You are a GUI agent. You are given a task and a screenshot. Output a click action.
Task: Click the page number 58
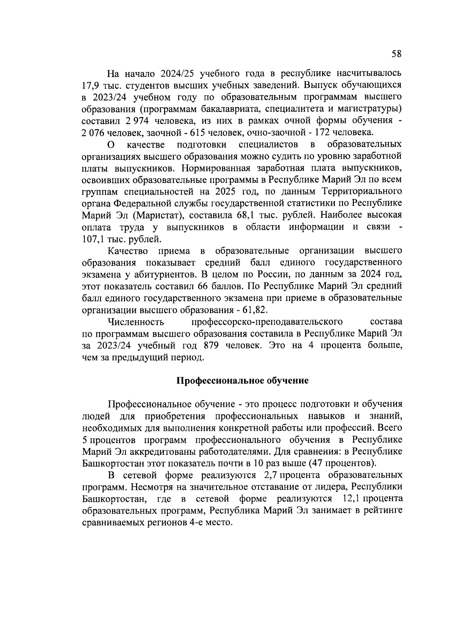[x=397, y=54]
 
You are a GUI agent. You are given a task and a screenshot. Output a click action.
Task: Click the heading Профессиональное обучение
[x=243, y=381]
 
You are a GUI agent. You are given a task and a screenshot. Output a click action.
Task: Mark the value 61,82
[x=254, y=310]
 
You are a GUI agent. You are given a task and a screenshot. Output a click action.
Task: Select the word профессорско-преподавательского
[x=267, y=322]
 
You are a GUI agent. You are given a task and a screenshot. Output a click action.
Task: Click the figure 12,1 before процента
[x=351, y=499]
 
